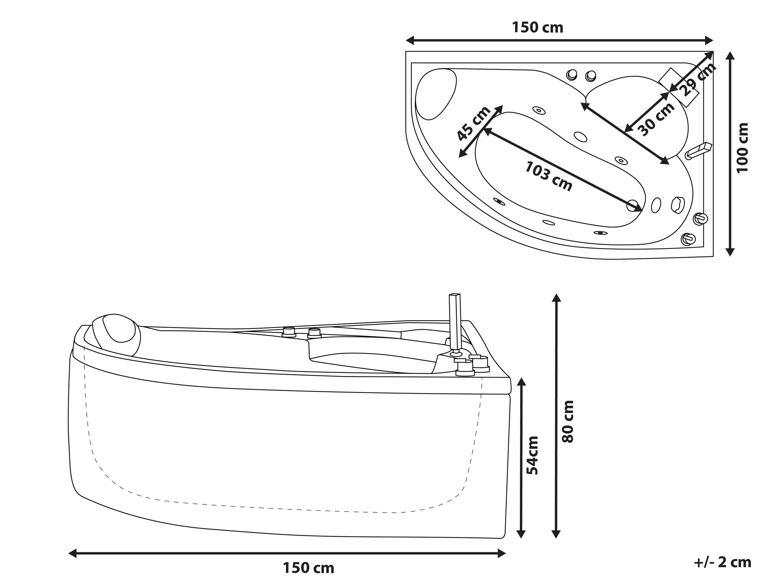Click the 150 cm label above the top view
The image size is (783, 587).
click(x=538, y=27)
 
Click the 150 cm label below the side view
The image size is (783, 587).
click(x=308, y=568)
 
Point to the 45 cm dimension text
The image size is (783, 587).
click(x=473, y=124)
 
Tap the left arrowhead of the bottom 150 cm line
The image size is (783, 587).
click(x=73, y=553)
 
